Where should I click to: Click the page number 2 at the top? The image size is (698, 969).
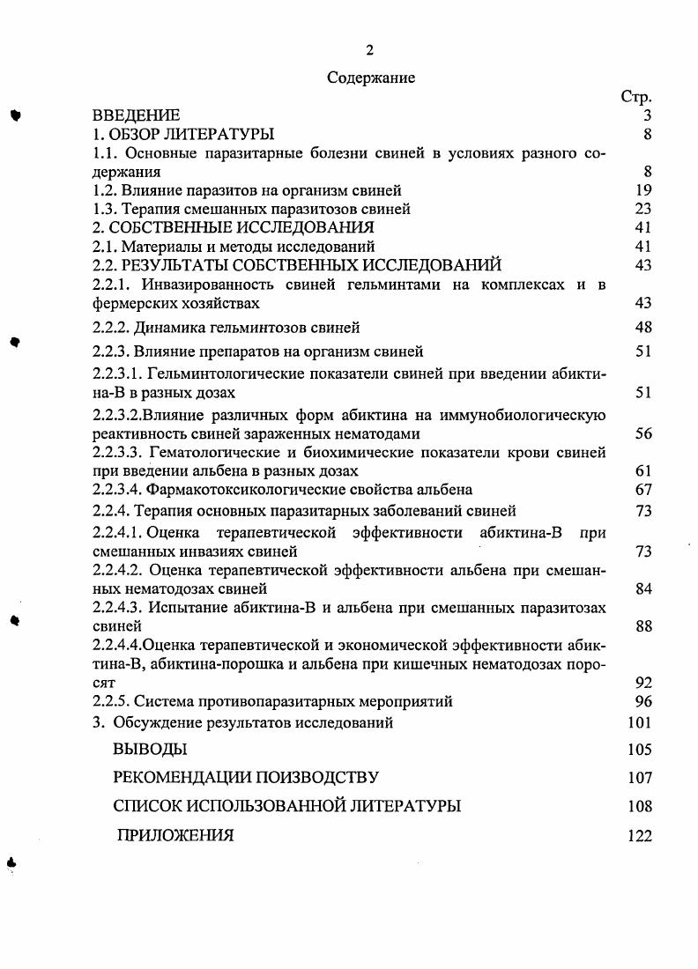click(371, 49)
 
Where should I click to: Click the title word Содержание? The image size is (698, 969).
click(371, 78)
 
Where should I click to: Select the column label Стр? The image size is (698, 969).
click(636, 98)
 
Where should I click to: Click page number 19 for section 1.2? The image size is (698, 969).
click(642, 190)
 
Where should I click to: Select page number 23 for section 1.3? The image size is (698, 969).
click(642, 209)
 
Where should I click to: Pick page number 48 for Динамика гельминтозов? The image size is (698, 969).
click(642, 328)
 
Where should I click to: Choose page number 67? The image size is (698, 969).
click(642, 489)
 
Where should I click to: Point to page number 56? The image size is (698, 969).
click(642, 433)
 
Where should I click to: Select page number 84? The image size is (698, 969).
click(642, 588)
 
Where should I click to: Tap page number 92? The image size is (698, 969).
click(642, 682)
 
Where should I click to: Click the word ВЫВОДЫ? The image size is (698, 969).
click(150, 750)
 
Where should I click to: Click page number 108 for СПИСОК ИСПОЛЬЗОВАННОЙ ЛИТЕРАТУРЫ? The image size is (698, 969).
click(640, 806)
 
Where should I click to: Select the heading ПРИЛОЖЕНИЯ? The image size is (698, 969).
click(175, 836)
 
